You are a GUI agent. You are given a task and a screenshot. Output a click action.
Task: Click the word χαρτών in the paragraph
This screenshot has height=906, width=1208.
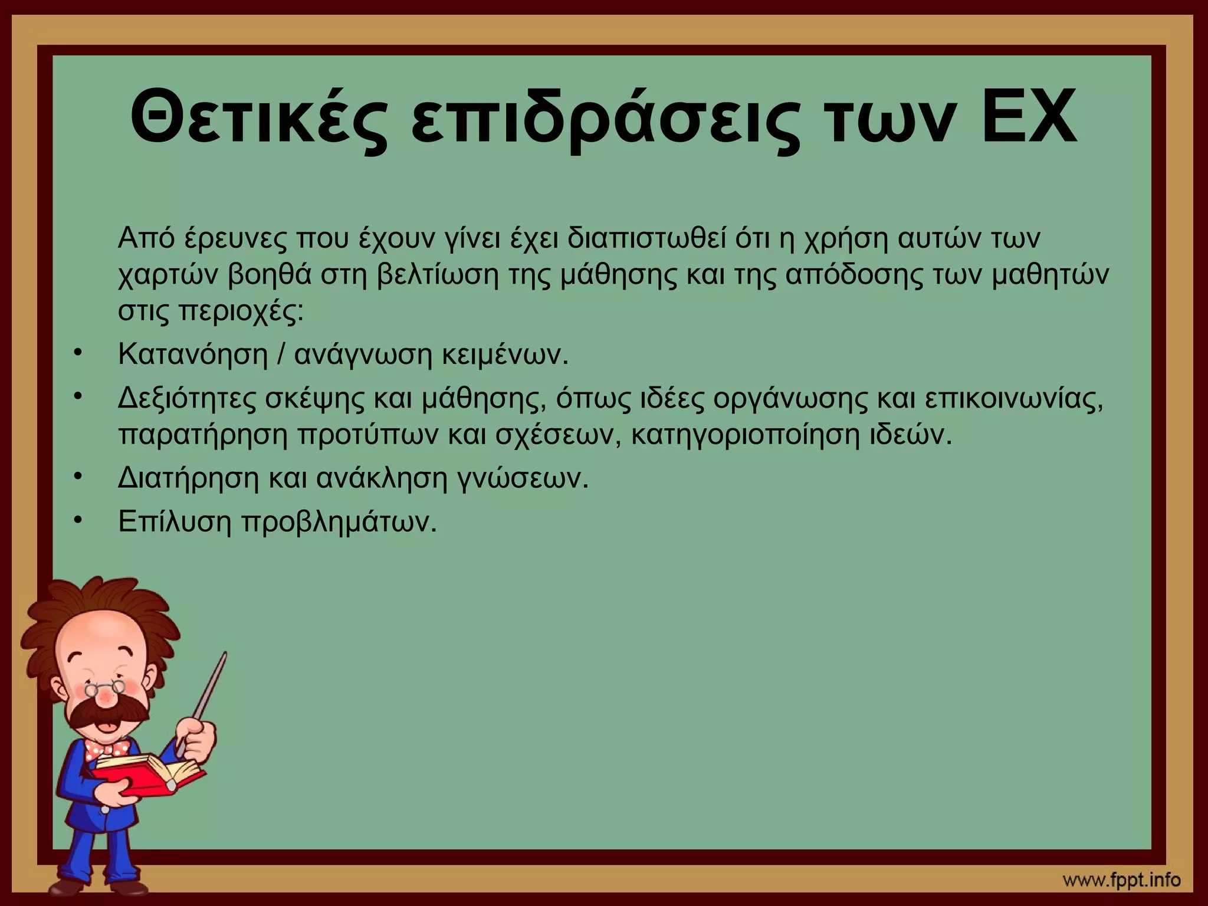(x=168, y=275)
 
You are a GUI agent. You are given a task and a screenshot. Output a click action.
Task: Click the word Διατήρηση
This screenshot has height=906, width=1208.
(x=188, y=478)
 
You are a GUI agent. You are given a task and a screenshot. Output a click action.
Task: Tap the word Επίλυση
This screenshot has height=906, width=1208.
(x=175, y=521)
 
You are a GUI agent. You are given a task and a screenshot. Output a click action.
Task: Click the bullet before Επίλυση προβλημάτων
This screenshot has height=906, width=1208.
(x=77, y=520)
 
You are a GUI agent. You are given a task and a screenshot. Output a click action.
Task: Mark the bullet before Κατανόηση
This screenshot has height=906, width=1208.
(x=77, y=353)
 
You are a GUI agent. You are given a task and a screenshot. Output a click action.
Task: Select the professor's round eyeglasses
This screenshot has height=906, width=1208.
(x=103, y=687)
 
